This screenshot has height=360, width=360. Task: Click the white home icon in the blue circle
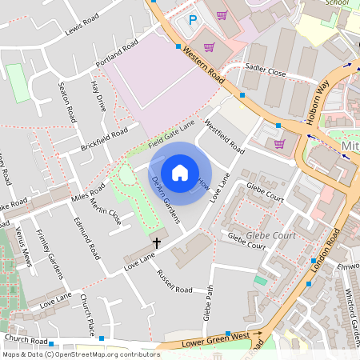(x=180, y=173)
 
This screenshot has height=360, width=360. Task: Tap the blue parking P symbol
(x=192, y=20)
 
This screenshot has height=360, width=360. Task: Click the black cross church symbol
(x=157, y=242)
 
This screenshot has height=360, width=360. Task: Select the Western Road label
(x=203, y=65)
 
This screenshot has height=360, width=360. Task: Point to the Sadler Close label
(x=266, y=71)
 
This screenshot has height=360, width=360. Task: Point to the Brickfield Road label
(x=104, y=140)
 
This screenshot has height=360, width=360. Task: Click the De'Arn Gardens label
(x=166, y=198)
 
